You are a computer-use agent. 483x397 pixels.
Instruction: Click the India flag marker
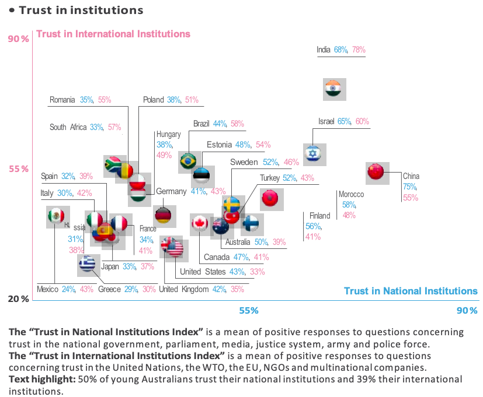(x=335, y=89)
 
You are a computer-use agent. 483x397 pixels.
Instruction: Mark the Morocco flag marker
(x=271, y=199)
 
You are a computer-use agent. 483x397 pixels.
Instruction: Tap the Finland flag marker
(x=252, y=224)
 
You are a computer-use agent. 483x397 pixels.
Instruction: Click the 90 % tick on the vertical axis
(x=18, y=39)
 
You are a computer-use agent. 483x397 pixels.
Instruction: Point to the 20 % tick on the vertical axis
(x=18, y=299)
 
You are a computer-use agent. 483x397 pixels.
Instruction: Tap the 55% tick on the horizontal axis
(x=248, y=311)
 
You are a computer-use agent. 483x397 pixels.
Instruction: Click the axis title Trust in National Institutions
(x=411, y=291)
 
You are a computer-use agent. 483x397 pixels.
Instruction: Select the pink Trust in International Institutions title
(x=113, y=34)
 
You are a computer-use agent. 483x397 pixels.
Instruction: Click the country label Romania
(x=62, y=100)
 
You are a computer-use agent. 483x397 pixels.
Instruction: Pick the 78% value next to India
(x=359, y=50)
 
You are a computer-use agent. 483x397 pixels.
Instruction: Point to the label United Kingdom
(x=183, y=289)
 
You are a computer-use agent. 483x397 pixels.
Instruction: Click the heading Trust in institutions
(x=81, y=10)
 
